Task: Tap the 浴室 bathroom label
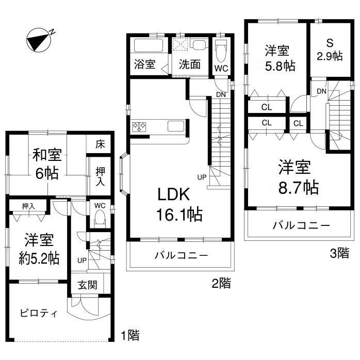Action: coord(145,65)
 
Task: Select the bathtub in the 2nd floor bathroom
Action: coord(149,45)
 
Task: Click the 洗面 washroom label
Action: coord(189,65)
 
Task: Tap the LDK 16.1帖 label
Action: coord(178,204)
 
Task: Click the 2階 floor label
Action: coord(221,283)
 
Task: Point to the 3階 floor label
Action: coord(339,253)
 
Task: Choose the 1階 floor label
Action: coord(130,335)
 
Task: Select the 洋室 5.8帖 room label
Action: coord(277,58)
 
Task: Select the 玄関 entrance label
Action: coord(87,285)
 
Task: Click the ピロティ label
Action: coord(39,314)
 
